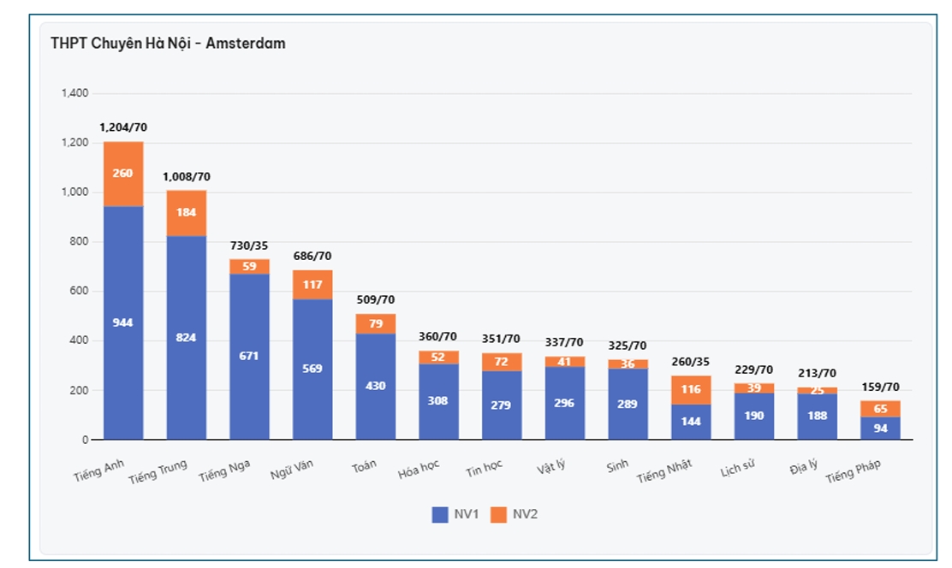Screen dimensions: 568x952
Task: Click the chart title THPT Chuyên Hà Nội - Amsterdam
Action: [x=168, y=43]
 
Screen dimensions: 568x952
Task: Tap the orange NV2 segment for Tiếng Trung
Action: [x=187, y=212]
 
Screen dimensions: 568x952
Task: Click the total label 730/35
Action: [x=249, y=246]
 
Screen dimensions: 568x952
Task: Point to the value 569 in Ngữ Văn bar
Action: [x=312, y=369]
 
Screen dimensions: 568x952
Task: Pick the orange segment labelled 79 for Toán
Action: [x=376, y=323]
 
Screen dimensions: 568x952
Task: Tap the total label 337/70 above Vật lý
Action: [x=564, y=343]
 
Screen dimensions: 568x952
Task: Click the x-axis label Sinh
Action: [x=617, y=465]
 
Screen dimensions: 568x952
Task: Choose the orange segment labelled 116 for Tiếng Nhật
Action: [x=691, y=389]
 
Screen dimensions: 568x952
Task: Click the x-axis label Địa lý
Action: [x=804, y=467]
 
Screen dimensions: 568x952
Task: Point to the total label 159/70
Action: [x=880, y=387]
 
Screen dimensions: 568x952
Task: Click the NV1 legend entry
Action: [x=453, y=514]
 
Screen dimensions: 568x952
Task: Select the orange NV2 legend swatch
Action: [x=498, y=514]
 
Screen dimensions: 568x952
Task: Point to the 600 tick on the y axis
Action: [x=80, y=292]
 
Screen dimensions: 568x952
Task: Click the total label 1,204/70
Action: [x=123, y=127]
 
